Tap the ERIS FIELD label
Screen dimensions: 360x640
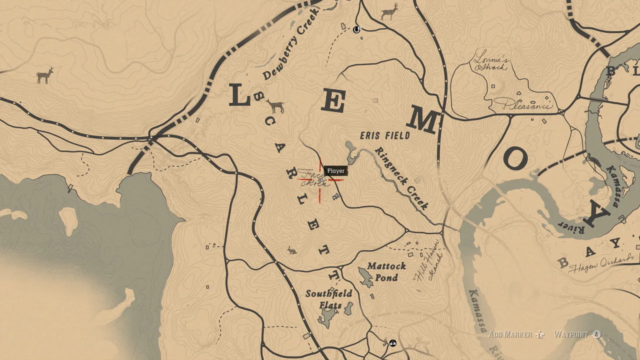pos(385,135)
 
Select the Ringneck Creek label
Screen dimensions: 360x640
pos(402,178)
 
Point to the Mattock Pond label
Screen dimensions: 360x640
pos(386,271)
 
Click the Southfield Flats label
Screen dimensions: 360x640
pos(329,299)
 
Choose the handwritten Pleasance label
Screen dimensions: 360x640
pos(522,105)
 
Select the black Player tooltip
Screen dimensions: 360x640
pos(336,171)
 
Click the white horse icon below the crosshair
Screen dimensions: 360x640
pos(336,197)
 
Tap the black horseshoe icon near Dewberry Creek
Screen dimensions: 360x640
pos(356,29)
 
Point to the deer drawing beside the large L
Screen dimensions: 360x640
pos(275,106)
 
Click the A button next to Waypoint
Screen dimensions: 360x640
pos(596,334)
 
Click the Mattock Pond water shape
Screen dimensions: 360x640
pos(365,277)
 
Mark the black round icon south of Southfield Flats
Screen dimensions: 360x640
pos(393,343)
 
